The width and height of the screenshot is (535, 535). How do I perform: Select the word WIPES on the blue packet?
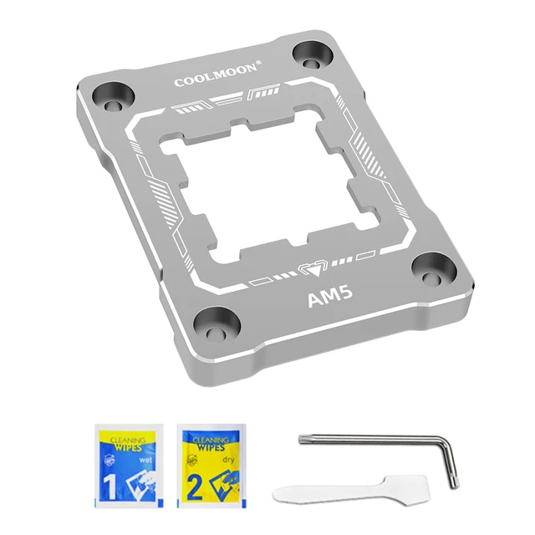128,448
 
